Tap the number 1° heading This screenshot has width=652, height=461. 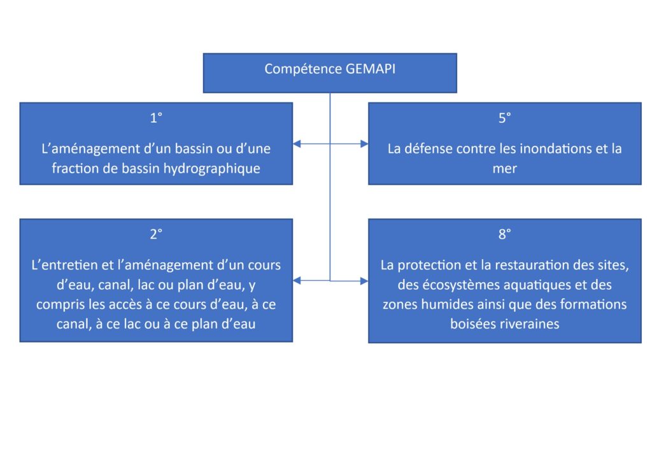pos(156,118)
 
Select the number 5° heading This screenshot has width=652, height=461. pos(504,118)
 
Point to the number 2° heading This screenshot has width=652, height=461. pos(156,234)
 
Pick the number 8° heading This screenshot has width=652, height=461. pos(504,234)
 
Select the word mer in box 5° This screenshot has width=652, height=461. pos(504,169)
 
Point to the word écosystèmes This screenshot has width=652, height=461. pos(464,285)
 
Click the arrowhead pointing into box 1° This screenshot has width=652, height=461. pos(297,144)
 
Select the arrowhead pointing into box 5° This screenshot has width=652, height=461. pos(364,144)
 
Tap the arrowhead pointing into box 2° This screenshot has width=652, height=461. pos(297,281)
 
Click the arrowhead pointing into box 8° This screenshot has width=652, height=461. pos(364,281)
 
